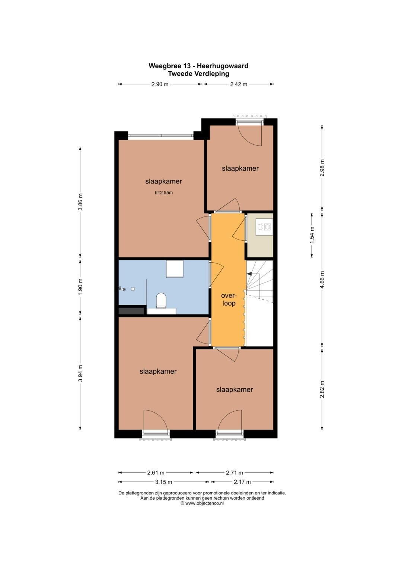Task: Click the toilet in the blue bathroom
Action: coord(161,300)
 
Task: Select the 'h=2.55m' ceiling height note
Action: coord(164,193)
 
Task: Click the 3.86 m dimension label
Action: coord(80,202)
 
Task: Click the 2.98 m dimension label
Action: coord(322,168)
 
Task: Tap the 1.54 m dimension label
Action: coord(312,235)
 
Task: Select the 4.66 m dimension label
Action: coord(322,280)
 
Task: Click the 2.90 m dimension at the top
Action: coord(160,84)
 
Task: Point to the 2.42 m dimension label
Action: coord(239,84)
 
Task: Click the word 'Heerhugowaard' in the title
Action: coord(223,66)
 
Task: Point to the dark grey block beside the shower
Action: coord(131,311)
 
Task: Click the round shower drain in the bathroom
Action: coord(133,289)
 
